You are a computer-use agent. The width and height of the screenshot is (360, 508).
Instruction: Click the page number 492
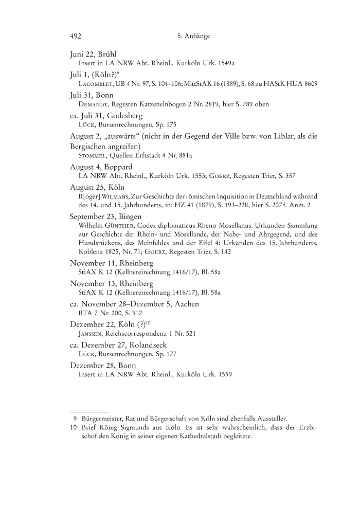(x=76, y=37)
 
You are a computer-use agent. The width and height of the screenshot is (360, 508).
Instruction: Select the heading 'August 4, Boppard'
(x=102, y=168)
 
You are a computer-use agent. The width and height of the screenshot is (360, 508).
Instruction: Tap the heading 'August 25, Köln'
(x=97, y=188)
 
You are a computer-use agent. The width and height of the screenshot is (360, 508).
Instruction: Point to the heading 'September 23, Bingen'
(x=105, y=217)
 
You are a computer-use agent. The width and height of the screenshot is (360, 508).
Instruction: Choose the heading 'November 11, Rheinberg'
(x=109, y=263)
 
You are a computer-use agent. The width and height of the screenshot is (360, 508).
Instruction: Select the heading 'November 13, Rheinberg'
(x=109, y=283)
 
